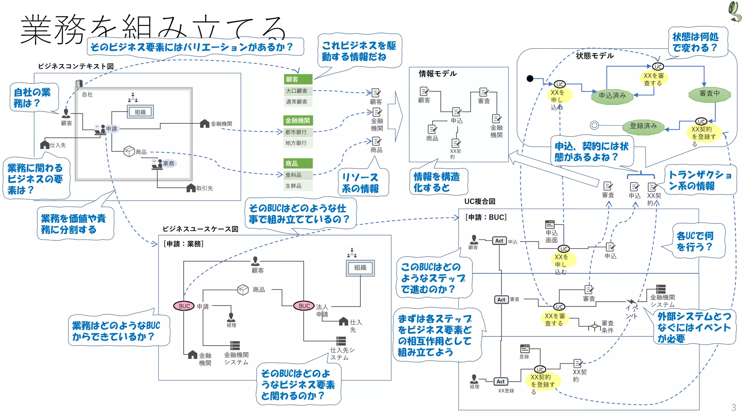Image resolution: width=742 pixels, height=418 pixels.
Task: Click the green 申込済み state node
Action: click(x=612, y=96)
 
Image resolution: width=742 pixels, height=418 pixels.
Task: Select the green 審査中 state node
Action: click(x=709, y=94)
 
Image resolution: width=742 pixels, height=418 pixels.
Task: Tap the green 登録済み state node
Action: click(x=643, y=126)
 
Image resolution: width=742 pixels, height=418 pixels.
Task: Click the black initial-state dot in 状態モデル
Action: click(x=530, y=78)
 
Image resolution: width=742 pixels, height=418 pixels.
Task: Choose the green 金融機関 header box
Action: click(x=298, y=120)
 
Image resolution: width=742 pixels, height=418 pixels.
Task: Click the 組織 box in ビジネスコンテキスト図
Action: click(x=140, y=112)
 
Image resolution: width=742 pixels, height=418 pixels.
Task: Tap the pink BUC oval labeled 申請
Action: click(x=184, y=306)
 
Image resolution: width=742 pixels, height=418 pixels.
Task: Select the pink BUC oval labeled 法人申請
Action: click(x=304, y=306)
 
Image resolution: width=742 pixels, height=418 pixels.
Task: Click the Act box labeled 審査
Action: click(x=501, y=300)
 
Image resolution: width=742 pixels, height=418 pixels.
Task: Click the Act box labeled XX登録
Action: click(x=501, y=382)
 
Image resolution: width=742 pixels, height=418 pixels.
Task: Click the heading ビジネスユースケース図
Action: click(x=200, y=229)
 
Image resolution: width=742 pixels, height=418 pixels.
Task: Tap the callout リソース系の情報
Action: click(x=361, y=183)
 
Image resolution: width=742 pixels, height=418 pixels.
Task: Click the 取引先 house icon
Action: click(x=191, y=188)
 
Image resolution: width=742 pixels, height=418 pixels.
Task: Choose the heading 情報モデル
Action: click(x=438, y=74)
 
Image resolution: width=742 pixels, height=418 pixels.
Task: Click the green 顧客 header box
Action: click(x=298, y=79)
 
